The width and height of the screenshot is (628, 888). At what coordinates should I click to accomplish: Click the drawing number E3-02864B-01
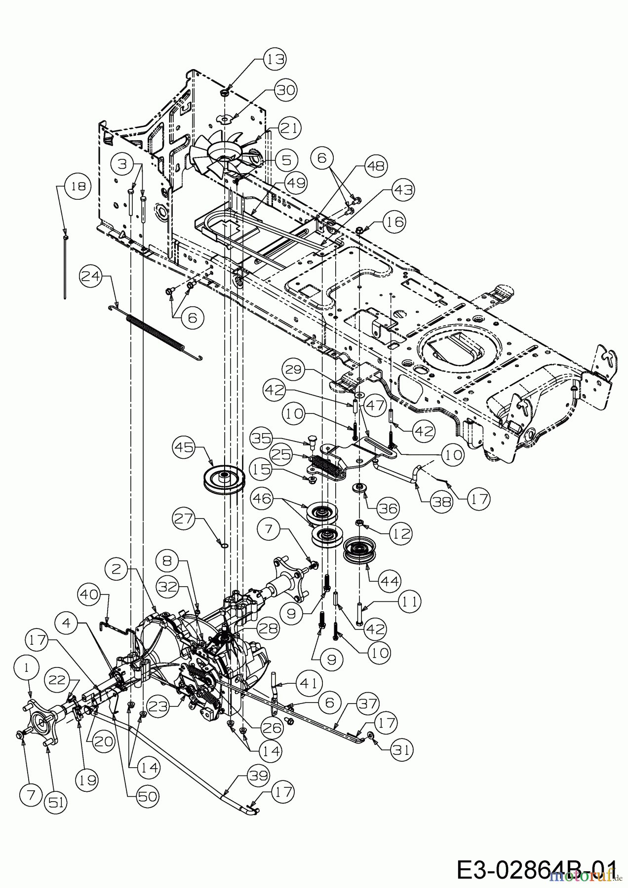point(536,870)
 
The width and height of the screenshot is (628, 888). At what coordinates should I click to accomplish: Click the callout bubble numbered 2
point(117,569)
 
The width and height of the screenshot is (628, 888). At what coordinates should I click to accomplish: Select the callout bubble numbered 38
point(440,501)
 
